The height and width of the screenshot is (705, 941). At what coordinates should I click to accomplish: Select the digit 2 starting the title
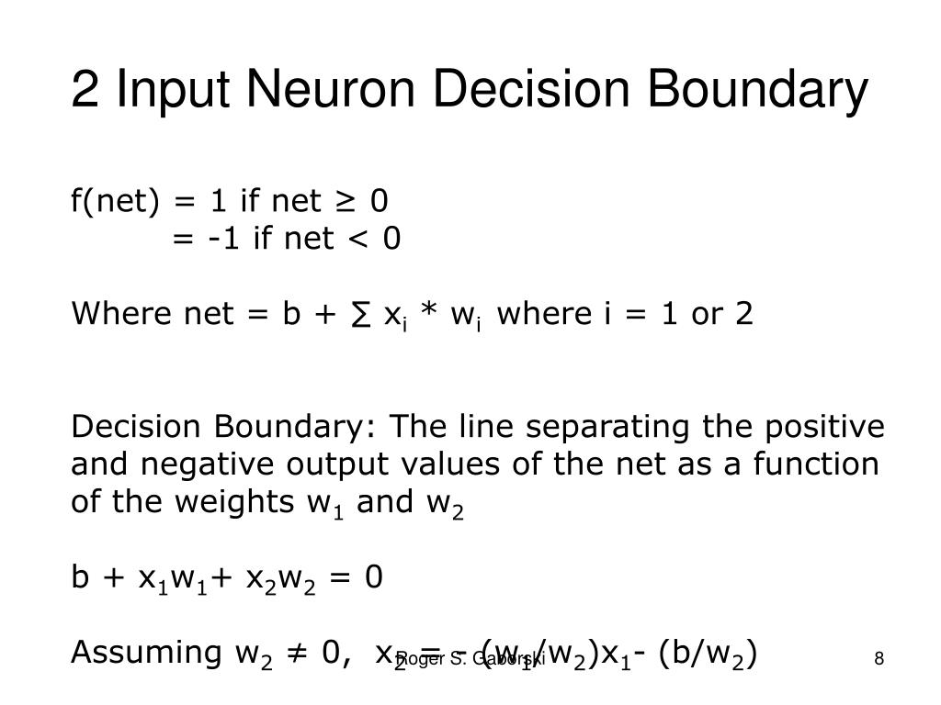tap(85, 91)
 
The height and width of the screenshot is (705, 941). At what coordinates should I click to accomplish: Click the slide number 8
tap(879, 658)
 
